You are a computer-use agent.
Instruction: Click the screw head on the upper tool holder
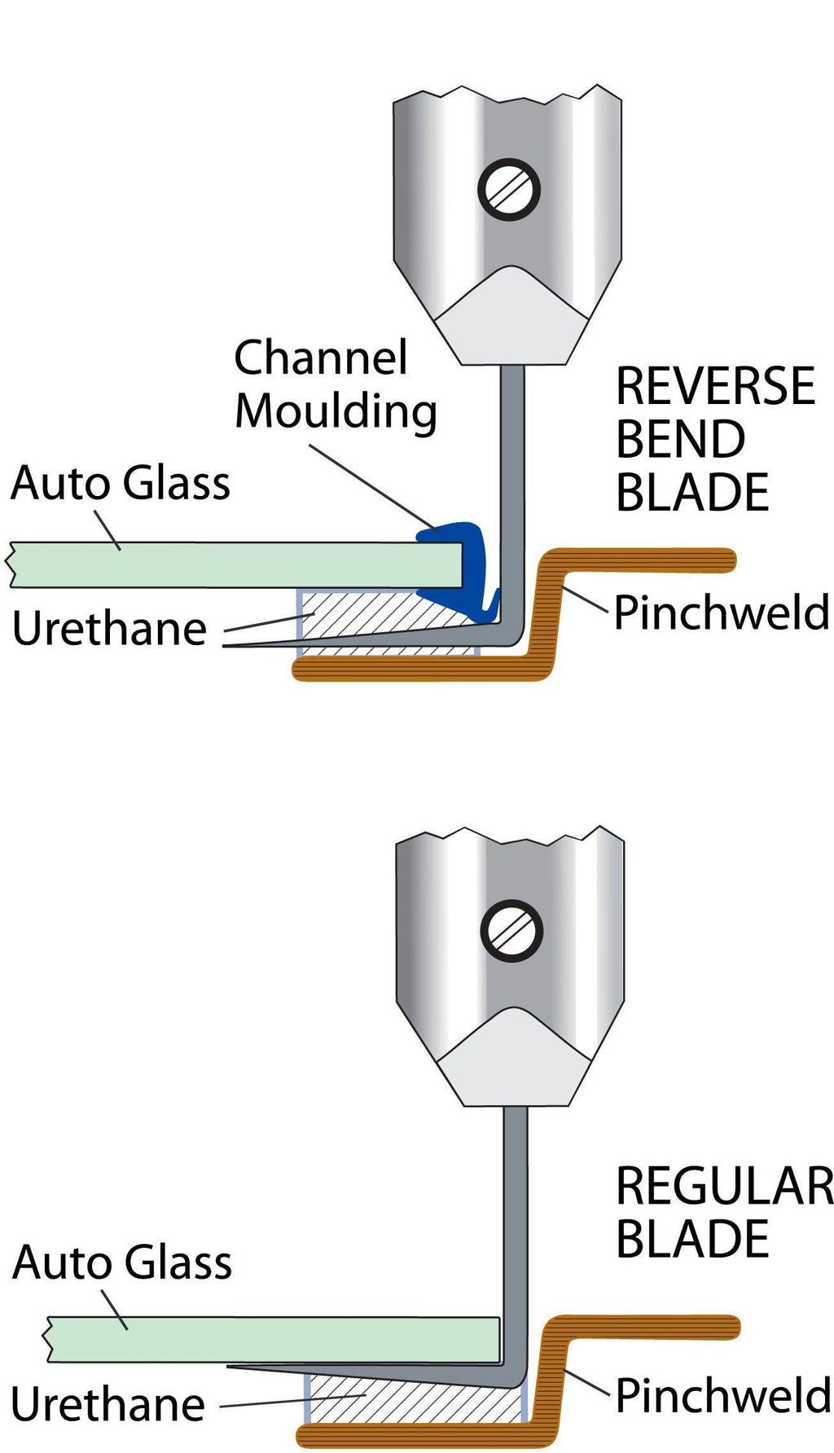[508, 189]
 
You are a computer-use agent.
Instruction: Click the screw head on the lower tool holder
[511, 930]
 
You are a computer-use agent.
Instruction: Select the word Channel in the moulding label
[320, 358]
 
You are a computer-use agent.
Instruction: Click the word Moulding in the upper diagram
[336, 411]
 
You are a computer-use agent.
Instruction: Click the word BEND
[680, 440]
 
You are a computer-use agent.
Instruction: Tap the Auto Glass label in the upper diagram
[121, 483]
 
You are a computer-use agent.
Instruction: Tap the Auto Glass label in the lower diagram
[122, 1262]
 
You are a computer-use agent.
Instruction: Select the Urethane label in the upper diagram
[110, 629]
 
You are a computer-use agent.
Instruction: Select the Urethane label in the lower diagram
[108, 1405]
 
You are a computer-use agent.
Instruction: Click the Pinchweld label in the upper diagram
[722, 612]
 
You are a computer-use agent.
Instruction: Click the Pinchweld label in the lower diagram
[723, 1396]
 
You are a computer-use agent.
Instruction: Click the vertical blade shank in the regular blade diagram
[515, 1222]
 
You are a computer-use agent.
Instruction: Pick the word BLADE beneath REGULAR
[692, 1240]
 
